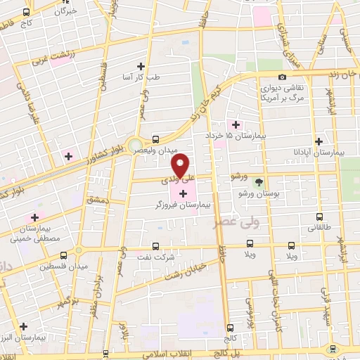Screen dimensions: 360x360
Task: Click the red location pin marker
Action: tap(181, 165)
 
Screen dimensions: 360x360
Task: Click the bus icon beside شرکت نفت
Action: tap(156, 246)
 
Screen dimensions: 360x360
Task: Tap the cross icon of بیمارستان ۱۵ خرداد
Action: tap(236, 124)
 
